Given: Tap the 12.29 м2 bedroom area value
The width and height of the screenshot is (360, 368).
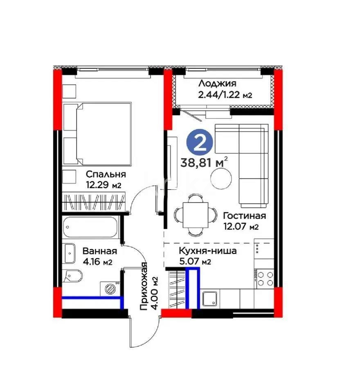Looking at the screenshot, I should (103, 185).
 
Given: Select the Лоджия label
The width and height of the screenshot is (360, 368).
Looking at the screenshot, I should (217, 83).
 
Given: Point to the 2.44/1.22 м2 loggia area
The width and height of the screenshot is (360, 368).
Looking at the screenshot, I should (225, 95).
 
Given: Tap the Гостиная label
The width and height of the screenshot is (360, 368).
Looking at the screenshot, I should (245, 215).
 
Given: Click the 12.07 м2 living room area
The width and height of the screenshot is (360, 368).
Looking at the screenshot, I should (241, 227).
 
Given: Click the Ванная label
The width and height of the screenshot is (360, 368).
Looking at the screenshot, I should (100, 251).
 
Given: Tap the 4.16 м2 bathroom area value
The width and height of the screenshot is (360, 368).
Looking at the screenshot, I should (97, 262).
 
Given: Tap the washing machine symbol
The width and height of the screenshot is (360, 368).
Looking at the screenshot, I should (110, 288).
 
